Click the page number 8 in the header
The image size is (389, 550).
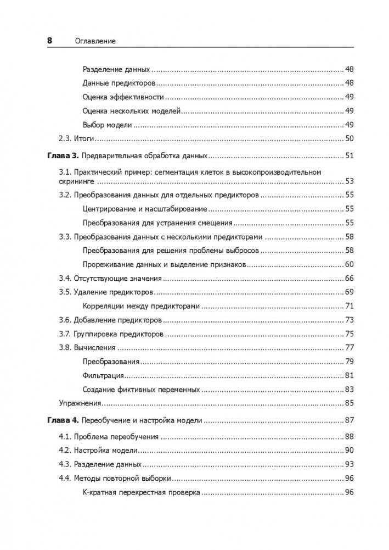coord(49,41)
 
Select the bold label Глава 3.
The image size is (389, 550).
coord(62,155)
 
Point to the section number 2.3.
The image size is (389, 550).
coord(66,138)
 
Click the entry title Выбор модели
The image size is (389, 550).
coord(108,125)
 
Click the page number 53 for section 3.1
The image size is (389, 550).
coord(349,181)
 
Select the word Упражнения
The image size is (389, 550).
coord(80,403)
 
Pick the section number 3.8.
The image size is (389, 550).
coord(66,348)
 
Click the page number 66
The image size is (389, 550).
coord(349,279)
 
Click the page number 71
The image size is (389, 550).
coord(349,306)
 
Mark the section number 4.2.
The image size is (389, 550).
coord(66,451)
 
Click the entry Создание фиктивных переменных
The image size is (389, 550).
coord(141,390)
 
